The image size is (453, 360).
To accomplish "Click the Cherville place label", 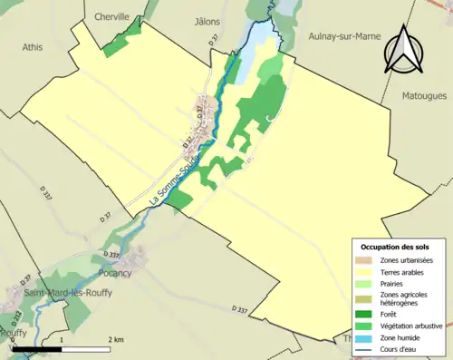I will (112, 16).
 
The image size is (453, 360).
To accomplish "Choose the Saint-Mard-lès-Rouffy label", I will (63, 292).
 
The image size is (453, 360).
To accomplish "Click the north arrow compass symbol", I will (405, 50).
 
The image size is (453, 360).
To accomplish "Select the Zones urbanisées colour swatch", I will (366, 259).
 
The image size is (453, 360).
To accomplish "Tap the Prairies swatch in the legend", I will (366, 282).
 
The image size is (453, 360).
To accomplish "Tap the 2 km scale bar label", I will (115, 339).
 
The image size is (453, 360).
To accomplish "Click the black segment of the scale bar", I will (35, 349).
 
